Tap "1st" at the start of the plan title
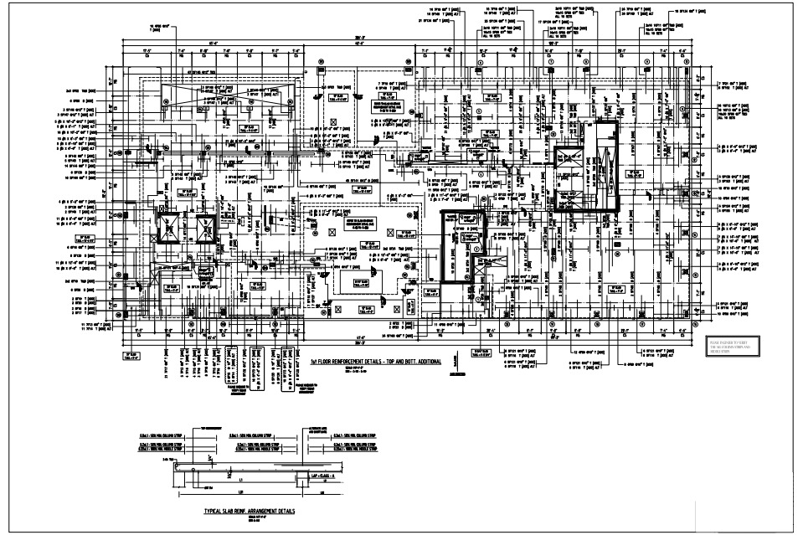314,361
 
